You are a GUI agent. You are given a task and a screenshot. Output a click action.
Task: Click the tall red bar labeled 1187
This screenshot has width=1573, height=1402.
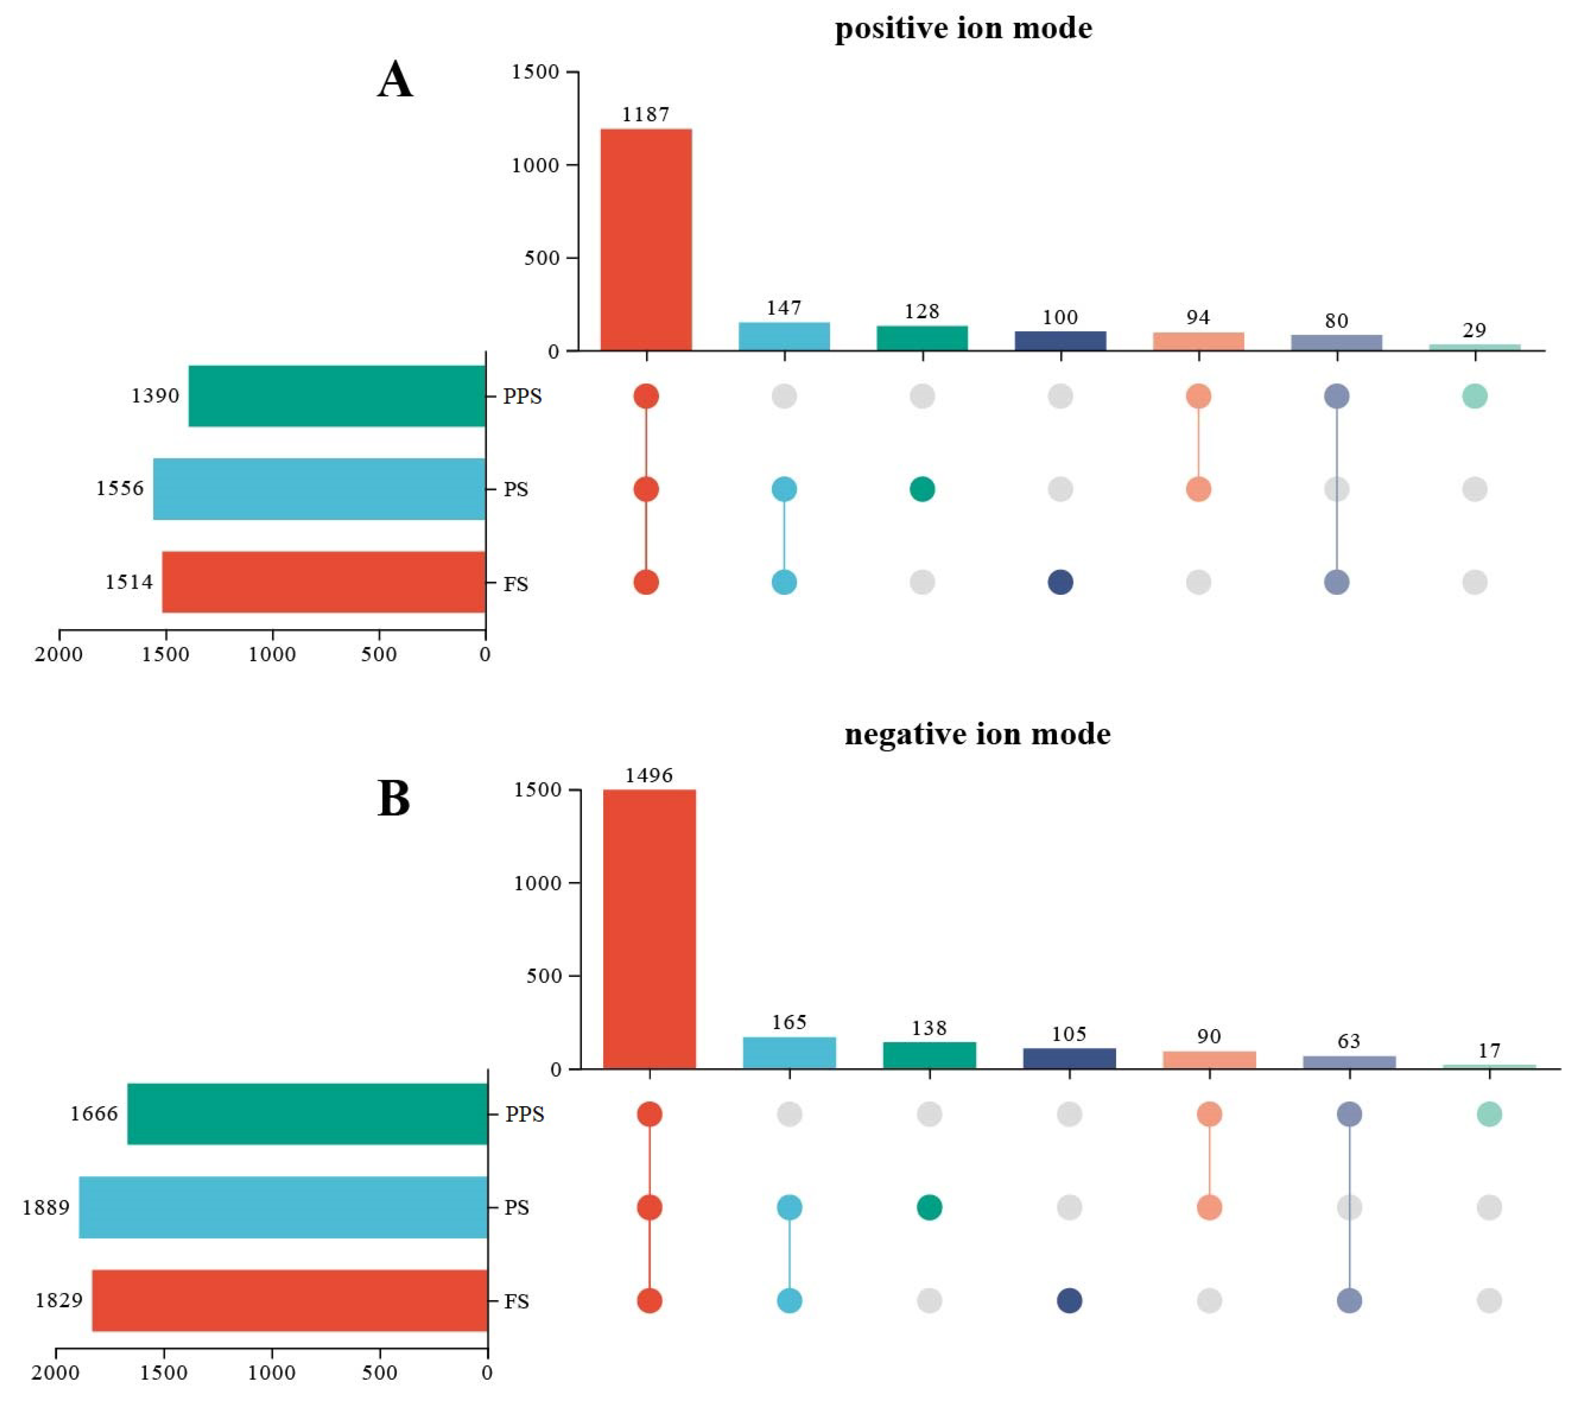tap(646, 239)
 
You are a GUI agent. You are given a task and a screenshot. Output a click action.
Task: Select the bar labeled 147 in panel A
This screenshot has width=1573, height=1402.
tap(784, 336)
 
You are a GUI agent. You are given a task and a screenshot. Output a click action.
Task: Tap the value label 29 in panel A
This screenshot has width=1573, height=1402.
tap(1473, 330)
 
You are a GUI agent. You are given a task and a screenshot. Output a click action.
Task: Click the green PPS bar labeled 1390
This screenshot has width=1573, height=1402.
tap(337, 396)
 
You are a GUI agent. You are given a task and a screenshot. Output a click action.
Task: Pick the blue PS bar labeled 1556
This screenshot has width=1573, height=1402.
tap(319, 489)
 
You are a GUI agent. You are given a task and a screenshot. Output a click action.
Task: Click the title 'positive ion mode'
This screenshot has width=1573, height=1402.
tap(964, 29)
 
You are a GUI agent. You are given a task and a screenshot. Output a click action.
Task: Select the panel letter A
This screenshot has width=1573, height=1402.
tap(395, 80)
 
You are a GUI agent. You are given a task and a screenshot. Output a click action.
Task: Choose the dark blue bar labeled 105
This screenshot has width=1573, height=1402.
tap(1069, 1059)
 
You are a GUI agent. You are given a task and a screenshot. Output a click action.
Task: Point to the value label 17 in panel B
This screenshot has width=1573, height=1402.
tap(1489, 1050)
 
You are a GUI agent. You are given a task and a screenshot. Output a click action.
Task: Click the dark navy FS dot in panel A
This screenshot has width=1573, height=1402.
tap(1060, 582)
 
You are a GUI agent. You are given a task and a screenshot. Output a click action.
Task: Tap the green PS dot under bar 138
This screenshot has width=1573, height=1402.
tap(930, 1207)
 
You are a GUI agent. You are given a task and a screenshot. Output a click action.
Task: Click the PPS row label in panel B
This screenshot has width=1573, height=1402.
tap(525, 1114)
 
